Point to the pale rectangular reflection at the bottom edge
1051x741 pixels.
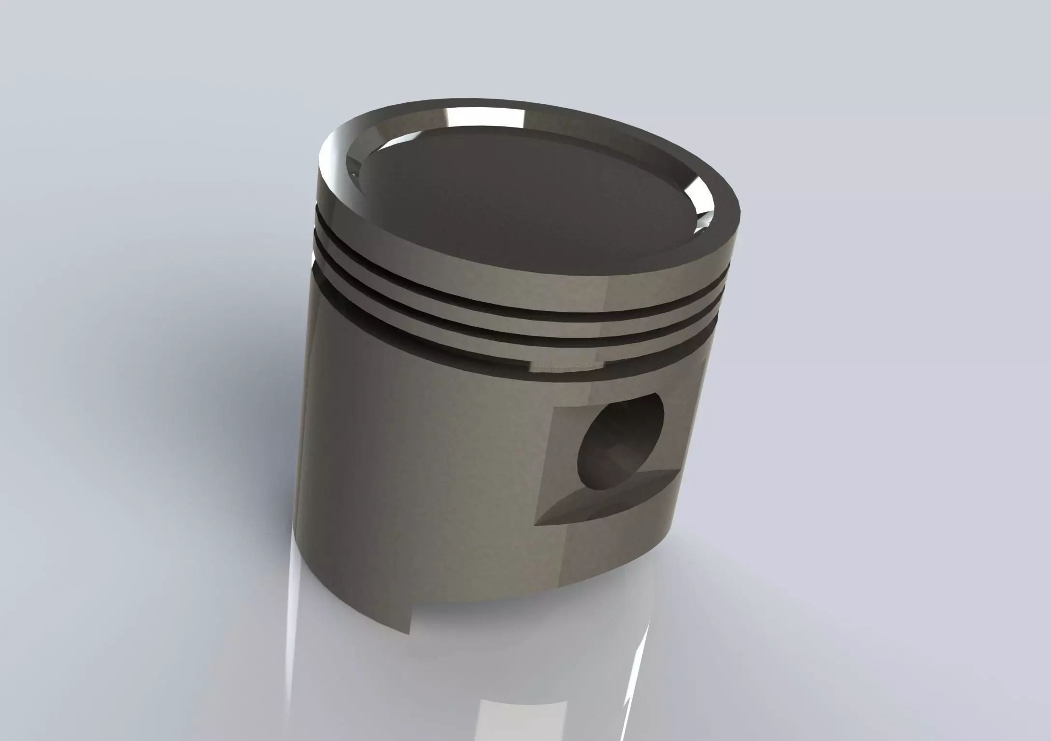(507, 714)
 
